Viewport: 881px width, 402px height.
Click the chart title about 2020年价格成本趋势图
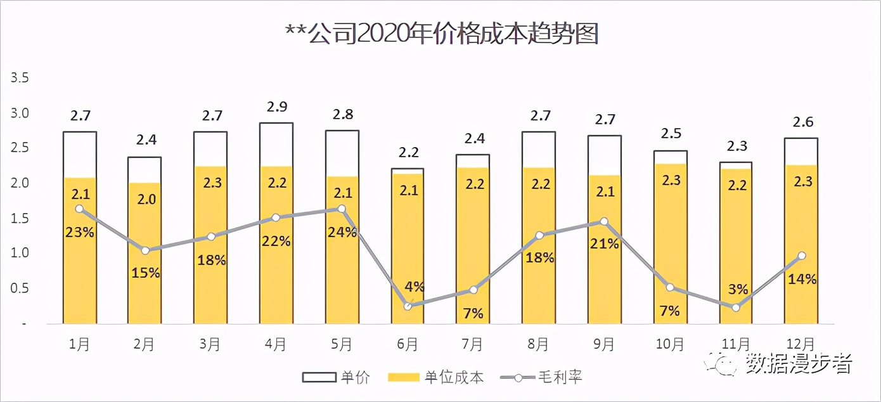tap(442, 34)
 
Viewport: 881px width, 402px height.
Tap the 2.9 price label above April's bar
tap(276, 107)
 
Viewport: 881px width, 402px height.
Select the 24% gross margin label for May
tap(342, 232)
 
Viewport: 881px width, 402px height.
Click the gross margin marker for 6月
tap(408, 306)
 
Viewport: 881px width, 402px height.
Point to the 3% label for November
tap(738, 289)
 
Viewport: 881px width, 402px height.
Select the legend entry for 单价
tap(337, 378)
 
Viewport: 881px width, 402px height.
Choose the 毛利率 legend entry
tap(541, 378)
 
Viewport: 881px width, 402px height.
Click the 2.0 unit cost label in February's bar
tap(145, 199)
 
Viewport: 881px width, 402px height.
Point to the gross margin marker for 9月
tap(604, 222)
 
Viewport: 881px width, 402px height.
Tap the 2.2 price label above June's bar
tap(408, 152)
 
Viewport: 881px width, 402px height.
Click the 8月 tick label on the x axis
tap(538, 344)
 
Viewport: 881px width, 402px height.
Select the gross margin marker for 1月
tap(79, 209)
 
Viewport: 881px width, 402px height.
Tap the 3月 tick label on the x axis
tap(210, 344)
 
